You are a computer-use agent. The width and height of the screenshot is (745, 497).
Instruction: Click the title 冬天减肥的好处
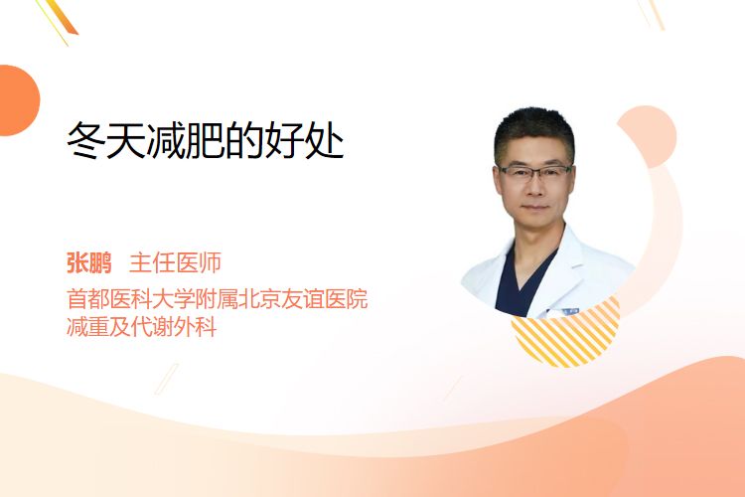206,140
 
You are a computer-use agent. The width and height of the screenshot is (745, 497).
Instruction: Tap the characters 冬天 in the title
106,140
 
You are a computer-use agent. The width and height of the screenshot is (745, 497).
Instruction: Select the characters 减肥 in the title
186,140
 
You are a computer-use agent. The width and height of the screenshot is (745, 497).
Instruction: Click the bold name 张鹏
88,263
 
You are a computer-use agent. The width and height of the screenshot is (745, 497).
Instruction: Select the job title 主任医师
175,263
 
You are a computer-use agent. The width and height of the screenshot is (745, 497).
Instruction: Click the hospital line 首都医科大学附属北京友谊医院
218,298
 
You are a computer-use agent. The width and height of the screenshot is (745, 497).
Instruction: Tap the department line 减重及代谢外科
142,327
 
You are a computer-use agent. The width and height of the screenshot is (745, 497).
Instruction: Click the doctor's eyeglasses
534,171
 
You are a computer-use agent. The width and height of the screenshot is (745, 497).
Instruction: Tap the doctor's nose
535,187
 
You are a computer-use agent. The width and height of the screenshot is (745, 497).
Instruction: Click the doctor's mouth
535,207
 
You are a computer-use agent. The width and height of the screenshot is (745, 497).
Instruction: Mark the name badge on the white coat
567,311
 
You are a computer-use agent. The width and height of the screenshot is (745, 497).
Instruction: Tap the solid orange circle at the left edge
18,100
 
